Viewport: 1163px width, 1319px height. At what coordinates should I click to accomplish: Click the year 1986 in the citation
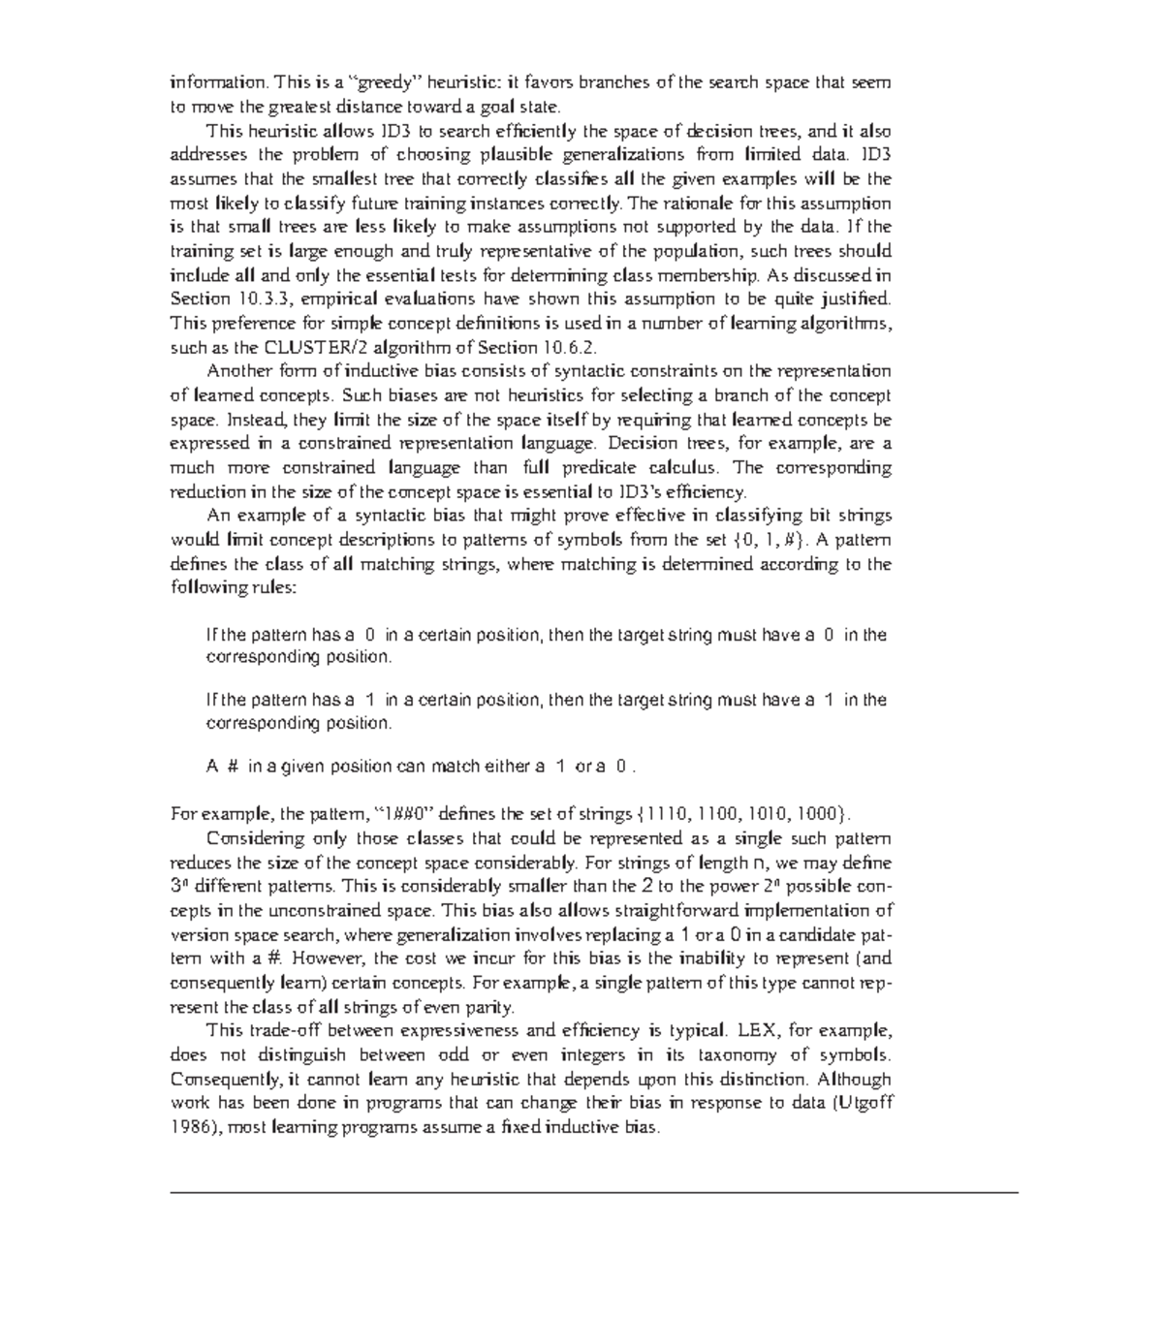(x=189, y=1128)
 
